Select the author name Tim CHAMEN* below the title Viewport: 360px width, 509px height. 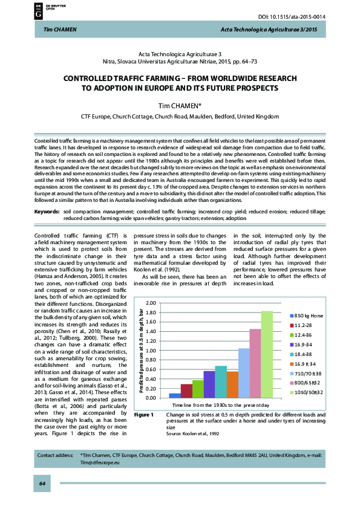coord(180,104)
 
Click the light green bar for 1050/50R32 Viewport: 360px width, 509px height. coord(267,354)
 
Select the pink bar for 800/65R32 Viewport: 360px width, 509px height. coord(255,363)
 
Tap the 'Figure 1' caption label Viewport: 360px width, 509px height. coord(144,415)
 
